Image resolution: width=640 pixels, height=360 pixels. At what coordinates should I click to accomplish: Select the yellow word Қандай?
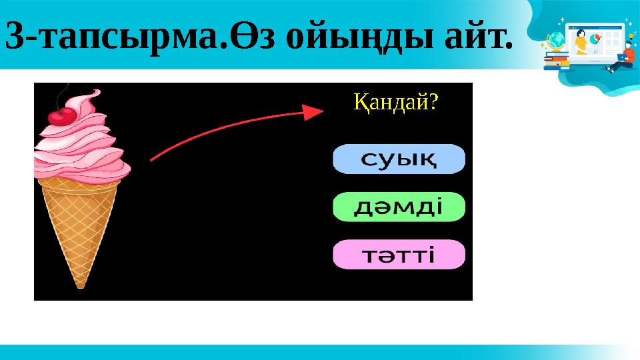[x=395, y=102]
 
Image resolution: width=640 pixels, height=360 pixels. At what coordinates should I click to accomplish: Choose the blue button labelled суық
[x=398, y=161]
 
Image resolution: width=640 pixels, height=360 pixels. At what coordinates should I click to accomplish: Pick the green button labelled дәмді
[x=398, y=208]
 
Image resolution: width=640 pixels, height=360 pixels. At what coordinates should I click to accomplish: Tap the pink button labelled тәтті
[x=398, y=255]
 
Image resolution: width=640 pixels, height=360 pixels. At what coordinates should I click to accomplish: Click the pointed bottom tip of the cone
[x=81, y=285]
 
